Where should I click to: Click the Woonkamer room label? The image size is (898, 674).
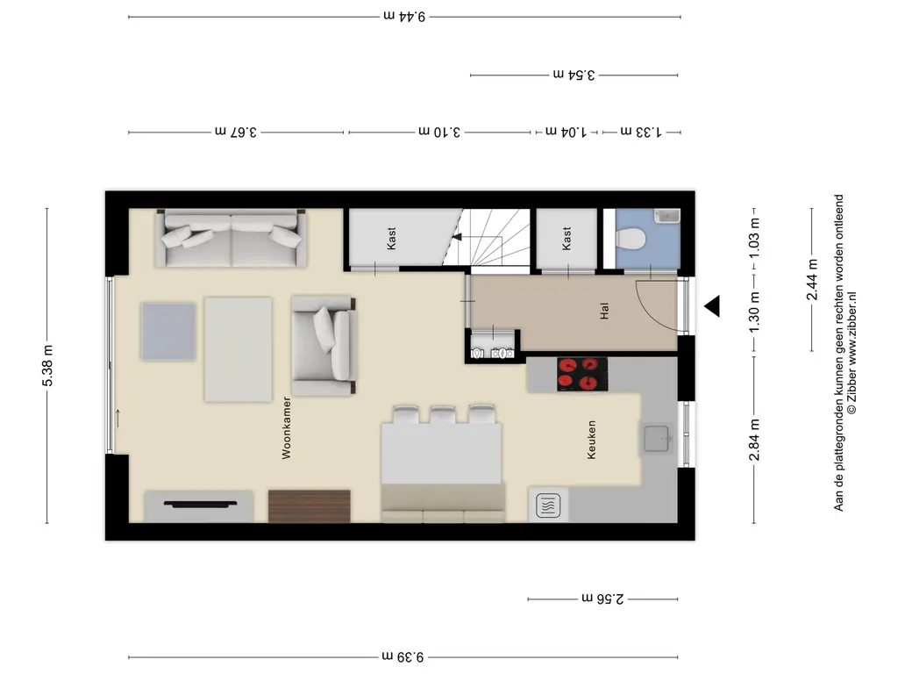point(287,428)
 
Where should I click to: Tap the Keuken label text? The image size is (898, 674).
point(592,440)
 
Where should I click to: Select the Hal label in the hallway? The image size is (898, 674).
point(604,311)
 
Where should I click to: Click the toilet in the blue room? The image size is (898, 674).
point(631,238)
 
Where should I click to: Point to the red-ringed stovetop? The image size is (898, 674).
point(582,374)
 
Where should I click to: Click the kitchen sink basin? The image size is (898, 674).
point(656,439)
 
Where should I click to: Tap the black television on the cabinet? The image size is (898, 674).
point(200,505)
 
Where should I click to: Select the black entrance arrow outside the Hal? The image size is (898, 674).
point(712,306)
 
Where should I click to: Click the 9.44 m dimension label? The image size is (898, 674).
point(404,16)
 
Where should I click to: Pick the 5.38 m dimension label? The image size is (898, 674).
point(47,366)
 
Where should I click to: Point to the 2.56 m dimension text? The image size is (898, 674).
point(602,599)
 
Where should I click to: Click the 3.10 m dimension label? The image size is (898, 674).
point(439,132)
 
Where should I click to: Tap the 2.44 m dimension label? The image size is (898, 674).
point(812,280)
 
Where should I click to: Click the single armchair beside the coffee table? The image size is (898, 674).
point(324,346)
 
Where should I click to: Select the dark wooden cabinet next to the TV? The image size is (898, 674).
point(310,506)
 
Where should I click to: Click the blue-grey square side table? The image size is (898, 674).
point(169,331)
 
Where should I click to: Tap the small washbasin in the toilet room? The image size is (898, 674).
point(667,216)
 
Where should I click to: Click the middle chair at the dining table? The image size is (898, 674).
point(443,415)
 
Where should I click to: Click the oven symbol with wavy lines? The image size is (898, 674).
point(548,505)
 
